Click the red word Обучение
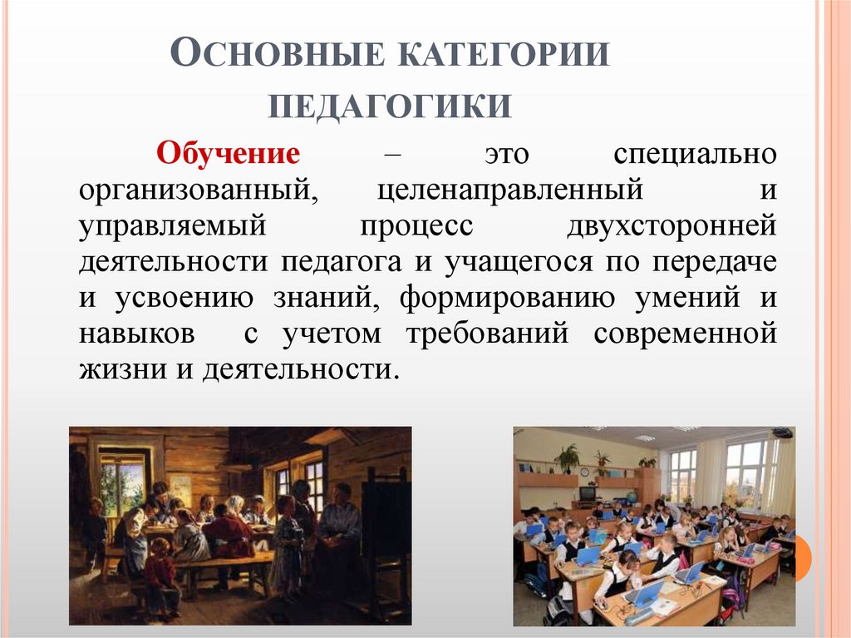click(x=229, y=155)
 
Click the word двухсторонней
click(x=672, y=227)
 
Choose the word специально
click(x=696, y=155)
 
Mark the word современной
click(x=686, y=334)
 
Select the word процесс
click(x=416, y=227)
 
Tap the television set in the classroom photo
click(x=588, y=493)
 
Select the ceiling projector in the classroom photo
click(x=783, y=433)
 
